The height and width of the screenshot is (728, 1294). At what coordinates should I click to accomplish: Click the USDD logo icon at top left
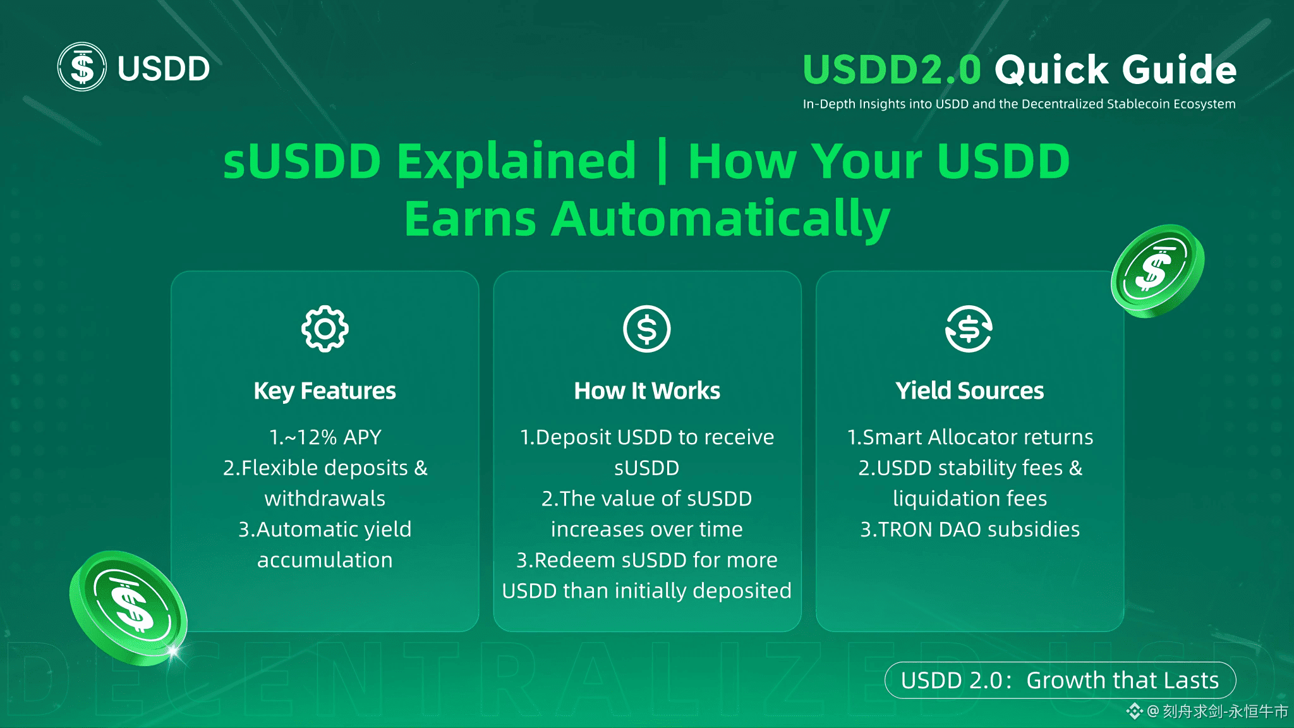click(x=82, y=67)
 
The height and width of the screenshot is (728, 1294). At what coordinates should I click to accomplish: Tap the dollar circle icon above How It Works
click(x=646, y=329)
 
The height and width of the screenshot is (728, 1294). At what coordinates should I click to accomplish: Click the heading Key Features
click(x=325, y=391)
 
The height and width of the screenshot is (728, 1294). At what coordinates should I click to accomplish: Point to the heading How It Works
click(x=647, y=391)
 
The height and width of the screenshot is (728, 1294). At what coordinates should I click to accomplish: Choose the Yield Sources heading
click(x=970, y=391)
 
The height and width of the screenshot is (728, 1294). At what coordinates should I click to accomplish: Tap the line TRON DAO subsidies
click(x=979, y=530)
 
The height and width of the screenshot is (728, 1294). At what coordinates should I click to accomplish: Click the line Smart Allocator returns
click(x=978, y=437)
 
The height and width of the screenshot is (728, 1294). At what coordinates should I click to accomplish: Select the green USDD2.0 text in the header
click(x=892, y=69)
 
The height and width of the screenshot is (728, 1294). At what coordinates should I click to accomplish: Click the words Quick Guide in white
click(x=1115, y=69)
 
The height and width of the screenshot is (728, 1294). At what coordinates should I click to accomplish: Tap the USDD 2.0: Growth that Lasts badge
click(x=1060, y=680)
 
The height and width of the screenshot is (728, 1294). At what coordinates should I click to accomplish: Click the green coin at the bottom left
click(x=128, y=608)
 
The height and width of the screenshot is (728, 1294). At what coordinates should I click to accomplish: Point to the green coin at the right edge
click(x=1158, y=270)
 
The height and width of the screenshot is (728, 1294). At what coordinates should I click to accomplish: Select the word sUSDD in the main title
click(x=302, y=161)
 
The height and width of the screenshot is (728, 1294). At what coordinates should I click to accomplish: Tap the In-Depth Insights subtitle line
click(x=1019, y=104)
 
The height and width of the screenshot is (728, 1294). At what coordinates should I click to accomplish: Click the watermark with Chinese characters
click(x=1207, y=712)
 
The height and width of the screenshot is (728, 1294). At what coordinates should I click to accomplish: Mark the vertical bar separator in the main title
click(x=662, y=161)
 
